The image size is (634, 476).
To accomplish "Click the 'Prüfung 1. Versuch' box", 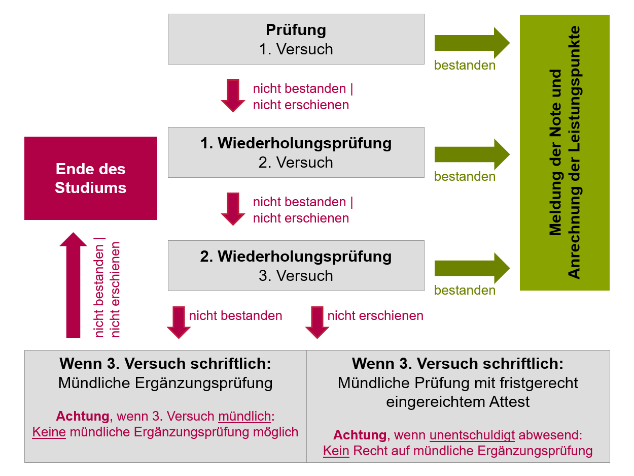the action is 296,39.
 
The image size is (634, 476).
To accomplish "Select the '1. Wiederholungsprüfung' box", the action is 296,152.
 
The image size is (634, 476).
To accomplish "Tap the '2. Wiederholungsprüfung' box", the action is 296,266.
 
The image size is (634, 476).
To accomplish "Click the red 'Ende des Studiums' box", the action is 91,178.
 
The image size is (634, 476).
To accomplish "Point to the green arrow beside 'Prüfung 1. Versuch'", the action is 472,43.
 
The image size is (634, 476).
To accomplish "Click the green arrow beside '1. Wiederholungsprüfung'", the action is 472,154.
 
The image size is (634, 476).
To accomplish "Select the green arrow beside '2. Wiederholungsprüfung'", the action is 472,268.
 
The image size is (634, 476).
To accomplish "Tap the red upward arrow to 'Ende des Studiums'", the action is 73,285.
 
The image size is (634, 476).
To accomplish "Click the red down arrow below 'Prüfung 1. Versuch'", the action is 233,96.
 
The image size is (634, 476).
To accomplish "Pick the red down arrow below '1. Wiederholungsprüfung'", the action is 233,209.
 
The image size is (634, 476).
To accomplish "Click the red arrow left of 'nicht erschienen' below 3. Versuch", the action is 317,323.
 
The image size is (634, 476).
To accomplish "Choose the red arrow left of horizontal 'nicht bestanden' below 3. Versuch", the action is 179,323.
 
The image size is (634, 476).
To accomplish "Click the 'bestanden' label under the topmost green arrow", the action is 465,66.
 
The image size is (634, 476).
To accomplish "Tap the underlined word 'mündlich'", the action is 244,417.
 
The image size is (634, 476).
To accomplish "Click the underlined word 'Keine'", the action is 49,432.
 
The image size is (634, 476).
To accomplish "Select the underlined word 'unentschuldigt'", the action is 472,435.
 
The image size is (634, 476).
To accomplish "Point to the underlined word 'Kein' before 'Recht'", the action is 336,451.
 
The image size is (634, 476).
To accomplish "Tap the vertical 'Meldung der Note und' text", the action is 555,152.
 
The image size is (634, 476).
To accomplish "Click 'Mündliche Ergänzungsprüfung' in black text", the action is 165,383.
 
